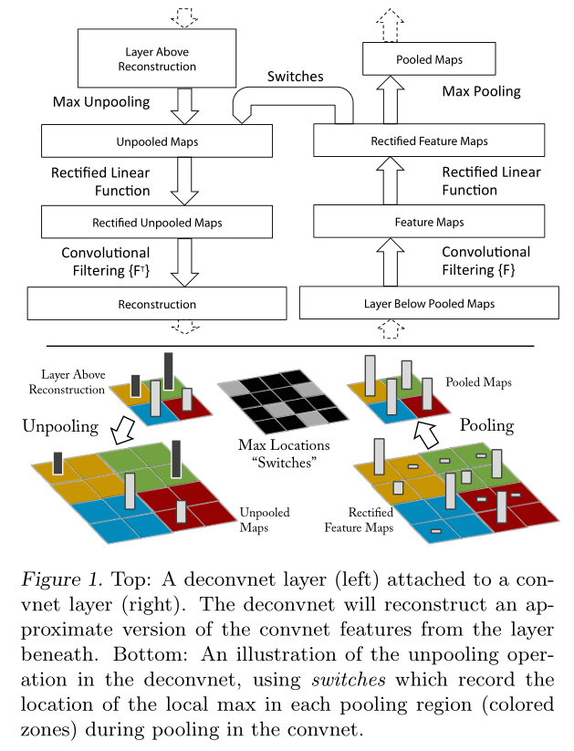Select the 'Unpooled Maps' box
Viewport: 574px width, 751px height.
(x=157, y=141)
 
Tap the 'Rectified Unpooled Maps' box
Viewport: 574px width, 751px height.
(x=157, y=222)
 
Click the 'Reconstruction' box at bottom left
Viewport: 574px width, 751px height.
(x=157, y=304)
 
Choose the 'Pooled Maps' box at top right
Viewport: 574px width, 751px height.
(x=429, y=60)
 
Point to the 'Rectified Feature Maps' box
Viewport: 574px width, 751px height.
(x=429, y=141)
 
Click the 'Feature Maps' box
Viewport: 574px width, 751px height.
(x=429, y=222)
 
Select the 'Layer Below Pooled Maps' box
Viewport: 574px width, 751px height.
(x=429, y=304)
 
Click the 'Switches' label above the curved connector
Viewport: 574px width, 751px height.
(x=295, y=77)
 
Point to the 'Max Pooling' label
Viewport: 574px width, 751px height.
(x=482, y=91)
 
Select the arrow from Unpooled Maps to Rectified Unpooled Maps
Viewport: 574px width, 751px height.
(x=185, y=182)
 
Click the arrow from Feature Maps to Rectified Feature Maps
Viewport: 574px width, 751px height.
(x=391, y=182)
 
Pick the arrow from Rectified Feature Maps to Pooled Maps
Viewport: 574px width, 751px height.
(x=391, y=100)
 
